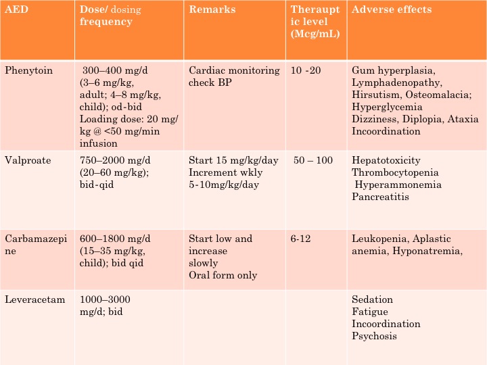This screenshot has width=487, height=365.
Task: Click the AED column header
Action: coord(16,9)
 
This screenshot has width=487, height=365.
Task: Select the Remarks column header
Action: coord(212,9)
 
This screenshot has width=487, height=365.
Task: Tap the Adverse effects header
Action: coord(392,9)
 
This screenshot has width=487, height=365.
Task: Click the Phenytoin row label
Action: coord(28,71)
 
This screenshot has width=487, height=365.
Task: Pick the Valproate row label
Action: coord(28,160)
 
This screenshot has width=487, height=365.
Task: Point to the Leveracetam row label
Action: coord(34,299)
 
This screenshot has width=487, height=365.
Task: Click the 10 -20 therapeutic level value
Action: coord(306,70)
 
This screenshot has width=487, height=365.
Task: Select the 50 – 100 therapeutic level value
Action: coord(313,160)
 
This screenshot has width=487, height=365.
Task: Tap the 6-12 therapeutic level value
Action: coord(300,239)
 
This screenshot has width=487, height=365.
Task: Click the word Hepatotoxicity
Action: coord(386,160)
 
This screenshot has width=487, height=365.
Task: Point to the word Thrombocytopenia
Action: coord(395,172)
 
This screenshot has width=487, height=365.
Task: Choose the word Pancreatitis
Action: coord(380,197)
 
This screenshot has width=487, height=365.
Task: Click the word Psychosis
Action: coord(374,337)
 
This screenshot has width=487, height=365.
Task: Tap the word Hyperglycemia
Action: coord(387,107)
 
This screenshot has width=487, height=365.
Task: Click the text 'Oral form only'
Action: coord(223,276)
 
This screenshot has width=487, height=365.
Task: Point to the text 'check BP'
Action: coord(210,82)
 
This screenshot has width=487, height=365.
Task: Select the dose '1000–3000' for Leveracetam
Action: coord(105,299)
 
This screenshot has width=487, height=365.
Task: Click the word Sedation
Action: coord(373,299)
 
